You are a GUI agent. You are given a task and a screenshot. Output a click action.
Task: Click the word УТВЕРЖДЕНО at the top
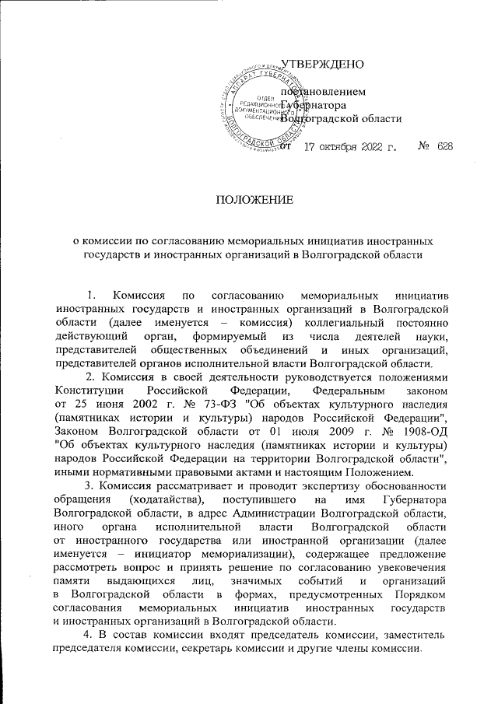click(320, 62)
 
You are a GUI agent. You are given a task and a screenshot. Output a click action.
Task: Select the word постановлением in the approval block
click(320, 90)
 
